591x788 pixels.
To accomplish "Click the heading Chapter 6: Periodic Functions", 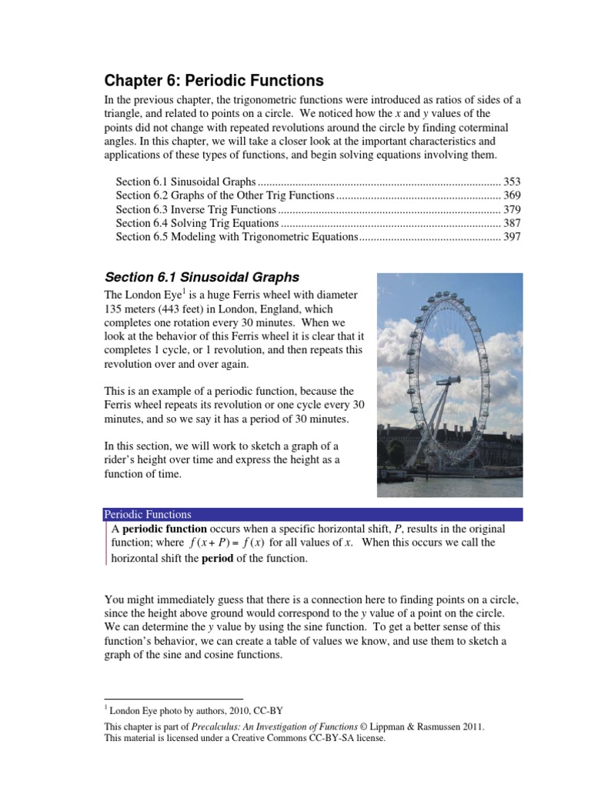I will (214, 81).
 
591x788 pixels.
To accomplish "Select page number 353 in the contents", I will (512, 182).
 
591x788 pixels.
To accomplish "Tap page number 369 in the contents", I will (512, 195).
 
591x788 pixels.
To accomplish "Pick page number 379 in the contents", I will (512, 209).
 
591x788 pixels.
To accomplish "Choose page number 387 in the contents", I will (512, 223).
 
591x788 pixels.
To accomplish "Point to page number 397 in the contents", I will (512, 237).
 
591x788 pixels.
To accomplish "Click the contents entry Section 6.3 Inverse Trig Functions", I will (195, 209).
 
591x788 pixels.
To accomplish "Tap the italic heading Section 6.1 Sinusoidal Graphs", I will (202, 277).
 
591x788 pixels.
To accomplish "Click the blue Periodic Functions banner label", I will (148, 514).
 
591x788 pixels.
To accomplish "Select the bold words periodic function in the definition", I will (165, 529).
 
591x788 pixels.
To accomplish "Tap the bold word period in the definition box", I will (217, 558).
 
